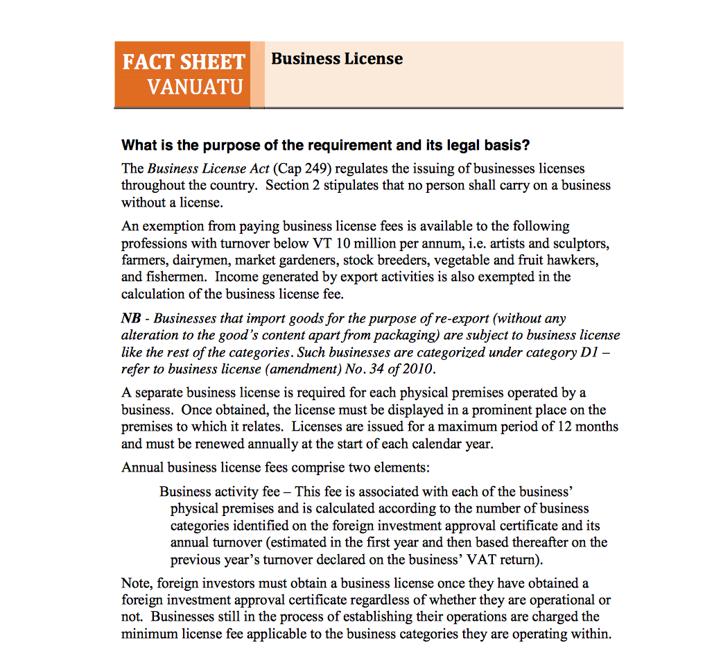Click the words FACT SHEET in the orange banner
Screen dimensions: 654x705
click(x=184, y=62)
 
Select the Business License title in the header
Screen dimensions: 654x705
click(x=337, y=59)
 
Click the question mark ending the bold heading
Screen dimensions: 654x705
click(x=526, y=146)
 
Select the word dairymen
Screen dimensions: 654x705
click(x=200, y=260)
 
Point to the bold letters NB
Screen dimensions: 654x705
click(x=132, y=318)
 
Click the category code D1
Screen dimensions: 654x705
click(x=587, y=352)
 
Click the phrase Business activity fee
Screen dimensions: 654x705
click(x=220, y=492)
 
